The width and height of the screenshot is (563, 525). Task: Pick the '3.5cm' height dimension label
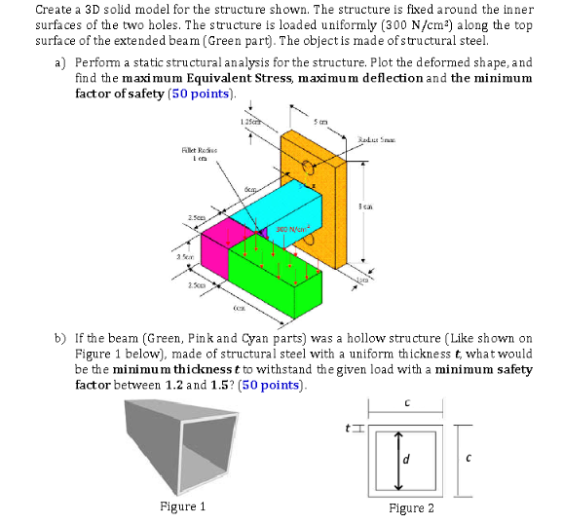click(x=183, y=258)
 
